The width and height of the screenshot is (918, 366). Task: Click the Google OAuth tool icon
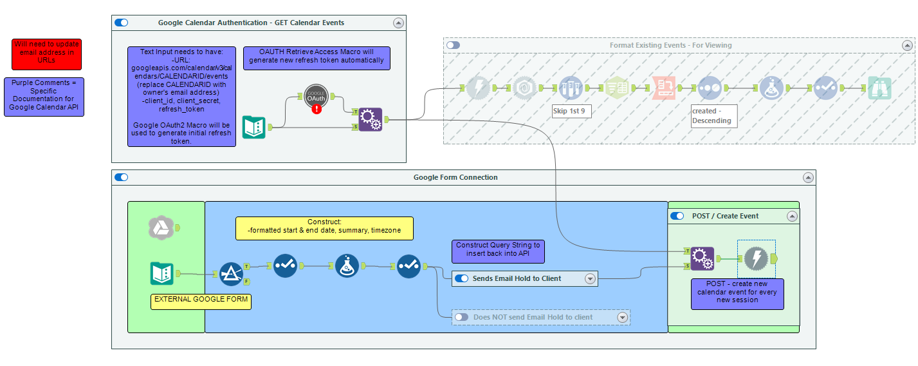pos(317,97)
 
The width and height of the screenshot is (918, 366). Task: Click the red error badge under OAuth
pos(317,109)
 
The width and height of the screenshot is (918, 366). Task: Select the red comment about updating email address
pos(47,54)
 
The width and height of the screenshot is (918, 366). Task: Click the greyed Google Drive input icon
pos(160,227)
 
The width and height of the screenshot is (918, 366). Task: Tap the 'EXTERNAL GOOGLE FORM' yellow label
pos(200,300)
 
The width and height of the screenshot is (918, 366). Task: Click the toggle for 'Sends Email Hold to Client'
pos(461,279)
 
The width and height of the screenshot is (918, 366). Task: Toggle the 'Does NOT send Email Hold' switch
pos(461,317)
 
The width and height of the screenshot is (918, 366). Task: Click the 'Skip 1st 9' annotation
pos(571,111)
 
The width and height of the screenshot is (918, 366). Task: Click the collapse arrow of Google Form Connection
pos(808,178)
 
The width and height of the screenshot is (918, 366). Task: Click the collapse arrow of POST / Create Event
pos(792,217)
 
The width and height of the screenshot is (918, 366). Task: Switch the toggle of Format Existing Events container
pos(454,45)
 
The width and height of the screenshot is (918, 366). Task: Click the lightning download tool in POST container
pos(757,258)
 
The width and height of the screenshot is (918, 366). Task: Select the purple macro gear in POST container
pos(701,258)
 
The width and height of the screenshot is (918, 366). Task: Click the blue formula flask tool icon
pos(347,265)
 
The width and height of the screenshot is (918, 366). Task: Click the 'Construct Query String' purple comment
pos(498,251)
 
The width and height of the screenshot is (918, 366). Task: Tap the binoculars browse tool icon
pos(879,88)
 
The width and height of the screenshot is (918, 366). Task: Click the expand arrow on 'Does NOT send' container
pos(622,317)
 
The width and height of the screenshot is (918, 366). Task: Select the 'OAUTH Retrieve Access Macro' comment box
pos(317,57)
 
